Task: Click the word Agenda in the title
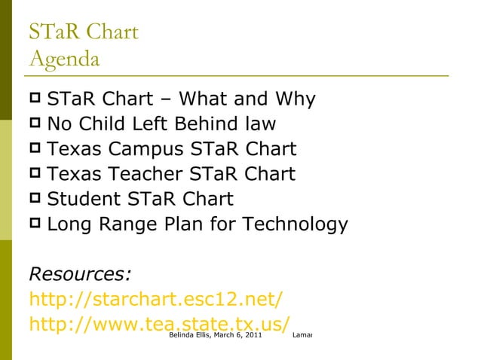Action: [x=64, y=56]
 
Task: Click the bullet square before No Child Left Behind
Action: [x=35, y=123]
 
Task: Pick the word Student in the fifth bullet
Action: [x=82, y=199]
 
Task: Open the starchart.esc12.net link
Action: [x=156, y=298]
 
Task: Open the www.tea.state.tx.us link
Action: [x=159, y=323]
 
